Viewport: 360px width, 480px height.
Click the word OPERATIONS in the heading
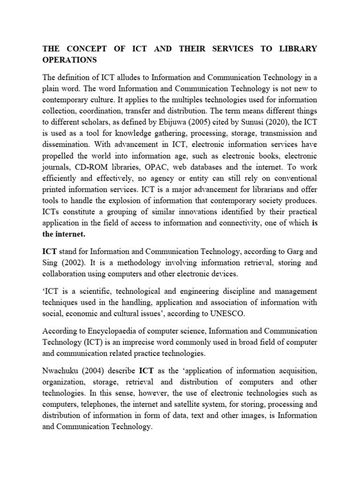[70, 60]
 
